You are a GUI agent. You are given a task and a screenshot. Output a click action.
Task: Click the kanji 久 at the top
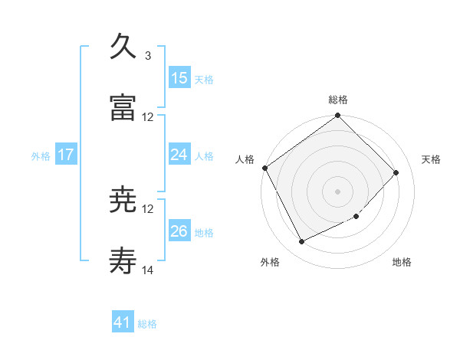pyautogui.click(x=123, y=47)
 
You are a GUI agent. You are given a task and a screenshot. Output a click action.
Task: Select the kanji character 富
pyautogui.click(x=123, y=107)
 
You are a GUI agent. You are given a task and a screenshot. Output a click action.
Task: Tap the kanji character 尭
pyautogui.click(x=123, y=200)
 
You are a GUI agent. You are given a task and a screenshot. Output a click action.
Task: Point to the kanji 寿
pyautogui.click(x=123, y=261)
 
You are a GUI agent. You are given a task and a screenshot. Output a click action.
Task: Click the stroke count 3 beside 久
pyautogui.click(x=148, y=56)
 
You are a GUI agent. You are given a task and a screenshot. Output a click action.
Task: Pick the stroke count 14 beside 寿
pyautogui.click(x=148, y=270)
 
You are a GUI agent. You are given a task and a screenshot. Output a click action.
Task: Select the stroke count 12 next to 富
pyautogui.click(x=148, y=117)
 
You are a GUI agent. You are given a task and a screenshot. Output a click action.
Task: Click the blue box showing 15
pyautogui.click(x=179, y=78)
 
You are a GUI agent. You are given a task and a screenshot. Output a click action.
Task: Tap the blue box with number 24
pyautogui.click(x=179, y=155)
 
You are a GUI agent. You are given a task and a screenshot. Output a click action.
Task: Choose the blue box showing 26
pyautogui.click(x=179, y=231)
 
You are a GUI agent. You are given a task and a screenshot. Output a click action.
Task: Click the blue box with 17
pyautogui.click(x=66, y=155)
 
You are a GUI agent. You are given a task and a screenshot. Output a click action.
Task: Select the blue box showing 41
pyautogui.click(x=123, y=323)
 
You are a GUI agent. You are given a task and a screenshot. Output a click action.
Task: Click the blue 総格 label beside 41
pyautogui.click(x=147, y=324)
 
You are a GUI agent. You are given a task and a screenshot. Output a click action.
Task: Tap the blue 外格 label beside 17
pyautogui.click(x=41, y=155)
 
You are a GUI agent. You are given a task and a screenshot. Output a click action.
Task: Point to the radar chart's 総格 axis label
pyautogui.click(x=338, y=100)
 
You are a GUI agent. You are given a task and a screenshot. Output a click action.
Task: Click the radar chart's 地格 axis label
pyautogui.click(x=402, y=262)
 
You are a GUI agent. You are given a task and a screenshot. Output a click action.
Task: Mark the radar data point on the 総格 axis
pyautogui.click(x=338, y=116)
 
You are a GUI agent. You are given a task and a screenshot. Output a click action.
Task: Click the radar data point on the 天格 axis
pyautogui.click(x=396, y=172)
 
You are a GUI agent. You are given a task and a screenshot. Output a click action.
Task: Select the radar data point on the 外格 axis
pyautogui.click(x=301, y=242)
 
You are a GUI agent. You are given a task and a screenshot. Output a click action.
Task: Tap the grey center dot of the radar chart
pyautogui.click(x=338, y=191)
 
